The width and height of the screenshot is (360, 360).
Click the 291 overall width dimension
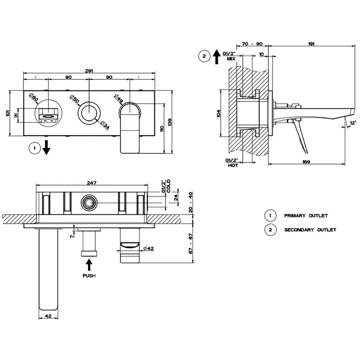point(89,71)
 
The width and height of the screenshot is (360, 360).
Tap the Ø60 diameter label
point(34,98)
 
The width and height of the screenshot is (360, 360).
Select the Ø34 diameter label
point(105,124)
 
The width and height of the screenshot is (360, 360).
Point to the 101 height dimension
point(8,113)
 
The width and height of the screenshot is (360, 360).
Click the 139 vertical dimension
point(170,122)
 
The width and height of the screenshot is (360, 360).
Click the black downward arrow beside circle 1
point(46,148)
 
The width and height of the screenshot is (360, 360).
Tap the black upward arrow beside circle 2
point(217,57)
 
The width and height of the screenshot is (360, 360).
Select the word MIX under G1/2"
point(231,59)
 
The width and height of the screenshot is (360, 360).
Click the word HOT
point(233,165)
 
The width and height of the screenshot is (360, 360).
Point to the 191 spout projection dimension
point(311,44)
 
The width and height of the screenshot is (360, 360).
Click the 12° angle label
point(353,123)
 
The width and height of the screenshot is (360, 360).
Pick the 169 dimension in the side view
point(307,162)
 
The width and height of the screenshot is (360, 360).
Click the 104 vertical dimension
point(219,113)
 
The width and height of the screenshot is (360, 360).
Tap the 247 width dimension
point(92,183)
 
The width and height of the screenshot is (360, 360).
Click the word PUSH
point(89,276)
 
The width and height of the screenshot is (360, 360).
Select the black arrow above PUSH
point(89,265)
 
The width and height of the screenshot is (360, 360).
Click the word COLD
point(169,186)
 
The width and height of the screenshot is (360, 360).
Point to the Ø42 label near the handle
point(148,248)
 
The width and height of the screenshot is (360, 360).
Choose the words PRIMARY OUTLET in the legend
point(306,215)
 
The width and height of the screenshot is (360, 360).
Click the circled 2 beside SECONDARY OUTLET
point(270,229)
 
